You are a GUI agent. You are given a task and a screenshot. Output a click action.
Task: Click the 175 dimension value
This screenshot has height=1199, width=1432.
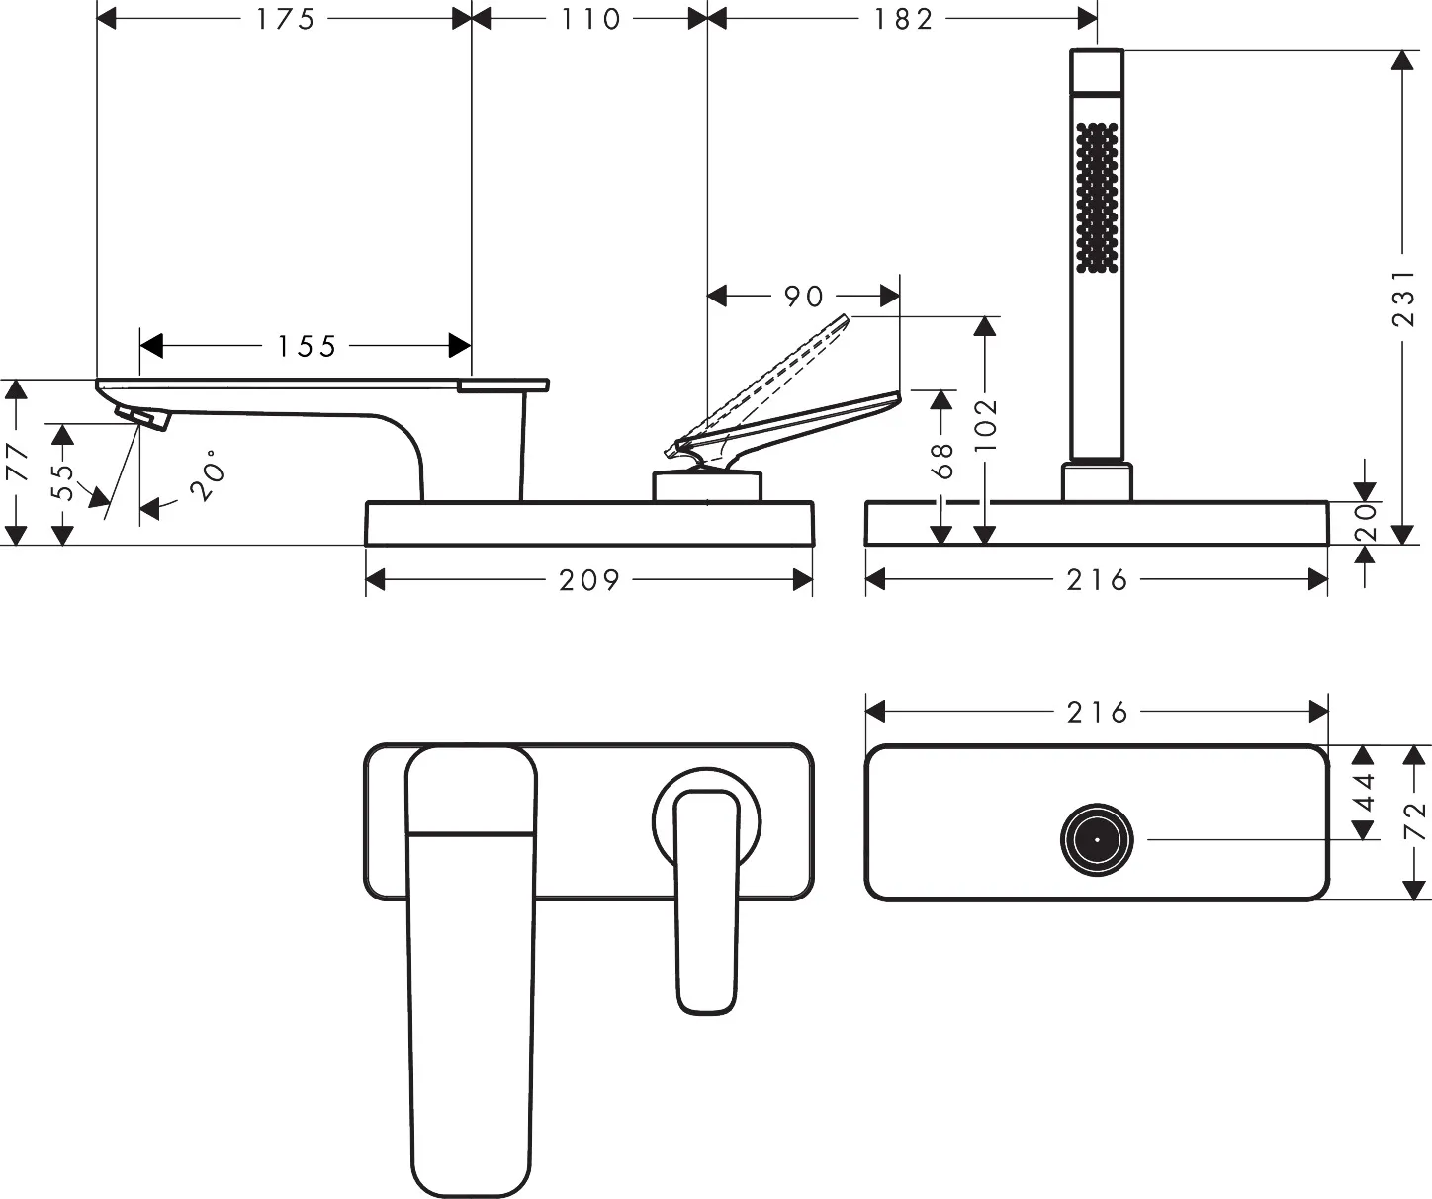[x=285, y=19]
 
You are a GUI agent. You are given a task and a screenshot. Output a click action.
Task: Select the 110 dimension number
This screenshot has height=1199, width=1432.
[x=590, y=19]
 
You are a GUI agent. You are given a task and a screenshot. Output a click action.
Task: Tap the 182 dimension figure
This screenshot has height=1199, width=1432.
[x=903, y=19]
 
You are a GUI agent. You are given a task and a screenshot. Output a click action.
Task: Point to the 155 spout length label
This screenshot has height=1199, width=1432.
[x=306, y=346]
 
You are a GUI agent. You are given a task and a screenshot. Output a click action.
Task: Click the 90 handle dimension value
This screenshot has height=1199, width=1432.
[x=803, y=297]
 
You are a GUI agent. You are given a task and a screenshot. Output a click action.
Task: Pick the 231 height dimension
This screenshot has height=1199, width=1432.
[x=1404, y=298]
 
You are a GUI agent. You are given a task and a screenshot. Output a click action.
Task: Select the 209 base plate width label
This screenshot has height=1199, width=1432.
[x=589, y=580]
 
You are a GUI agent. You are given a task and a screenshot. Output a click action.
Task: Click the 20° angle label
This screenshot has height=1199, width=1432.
[x=208, y=474]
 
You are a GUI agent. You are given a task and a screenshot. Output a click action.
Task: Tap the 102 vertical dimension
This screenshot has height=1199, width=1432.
[x=985, y=424]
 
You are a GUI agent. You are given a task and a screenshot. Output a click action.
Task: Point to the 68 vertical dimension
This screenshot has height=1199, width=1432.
[x=943, y=460]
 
